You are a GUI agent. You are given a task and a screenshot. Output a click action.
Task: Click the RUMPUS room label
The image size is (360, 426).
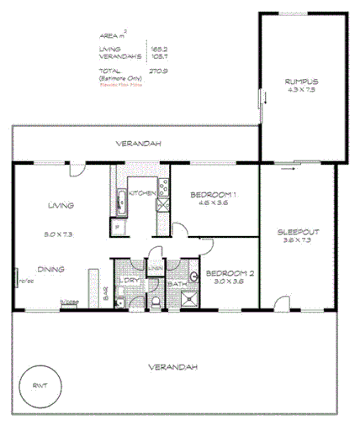(302, 81)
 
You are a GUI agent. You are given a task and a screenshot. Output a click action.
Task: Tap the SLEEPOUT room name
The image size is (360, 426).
(300, 231)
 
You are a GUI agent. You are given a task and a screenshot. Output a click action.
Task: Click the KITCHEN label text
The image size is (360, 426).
(141, 194)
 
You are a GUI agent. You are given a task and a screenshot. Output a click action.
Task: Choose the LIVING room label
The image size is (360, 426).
(61, 205)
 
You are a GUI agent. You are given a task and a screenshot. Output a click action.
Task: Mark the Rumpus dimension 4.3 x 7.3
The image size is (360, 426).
(302, 89)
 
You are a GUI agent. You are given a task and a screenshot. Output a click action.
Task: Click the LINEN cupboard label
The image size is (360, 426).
(156, 268)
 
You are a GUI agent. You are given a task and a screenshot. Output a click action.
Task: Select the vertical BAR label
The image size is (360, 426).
(105, 292)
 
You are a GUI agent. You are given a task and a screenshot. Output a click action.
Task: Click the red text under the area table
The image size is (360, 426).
(122, 85)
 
